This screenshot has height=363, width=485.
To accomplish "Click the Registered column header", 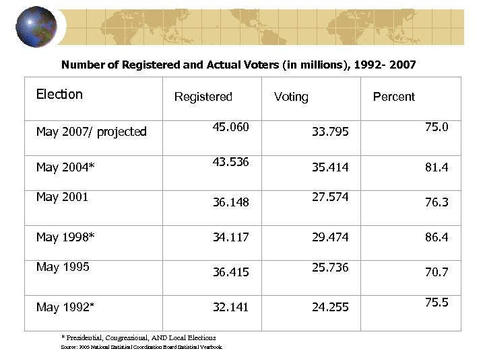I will [x=203, y=97].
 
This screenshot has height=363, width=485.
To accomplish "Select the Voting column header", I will [x=291, y=97].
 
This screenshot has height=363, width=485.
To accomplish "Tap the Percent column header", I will [x=393, y=97].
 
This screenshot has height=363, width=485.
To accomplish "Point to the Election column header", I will [x=59, y=94].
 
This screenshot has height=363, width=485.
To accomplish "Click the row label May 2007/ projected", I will [x=91, y=132].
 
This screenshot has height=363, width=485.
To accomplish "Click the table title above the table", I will [x=238, y=65].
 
